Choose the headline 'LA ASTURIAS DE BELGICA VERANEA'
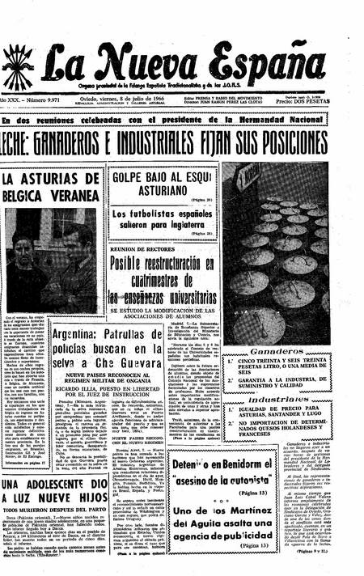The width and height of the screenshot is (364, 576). [49, 188]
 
